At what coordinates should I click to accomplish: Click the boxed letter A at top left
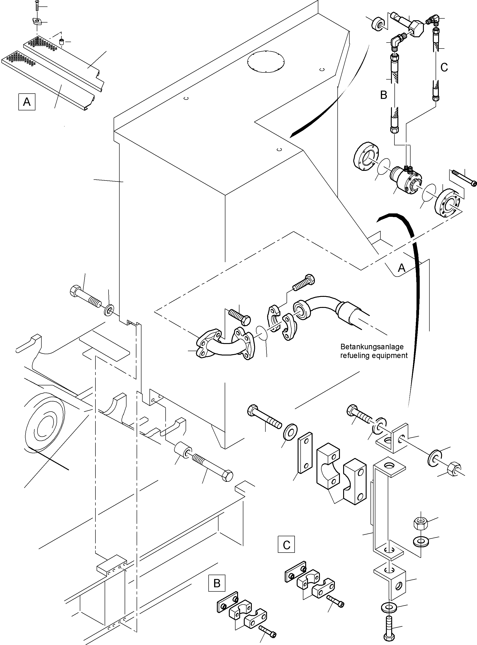27,102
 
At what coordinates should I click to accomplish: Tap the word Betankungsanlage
372,347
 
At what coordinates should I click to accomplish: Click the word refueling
354,355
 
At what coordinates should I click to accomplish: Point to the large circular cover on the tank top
266,62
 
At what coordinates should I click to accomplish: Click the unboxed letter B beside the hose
383,95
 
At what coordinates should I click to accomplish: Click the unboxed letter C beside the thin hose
444,67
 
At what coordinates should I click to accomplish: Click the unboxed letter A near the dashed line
401,268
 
